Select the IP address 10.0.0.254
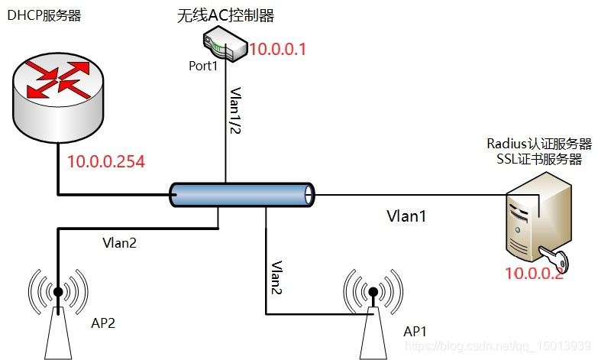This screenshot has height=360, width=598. pyautogui.click(x=106, y=161)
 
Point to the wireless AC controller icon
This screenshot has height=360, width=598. pyautogui.click(x=224, y=45)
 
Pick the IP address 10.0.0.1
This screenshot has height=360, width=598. pyautogui.click(x=278, y=50)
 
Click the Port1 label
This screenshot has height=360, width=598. pyautogui.click(x=203, y=66)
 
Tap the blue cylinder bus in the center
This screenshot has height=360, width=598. pyautogui.click(x=242, y=194)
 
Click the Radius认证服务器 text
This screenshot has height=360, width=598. pyautogui.click(x=538, y=144)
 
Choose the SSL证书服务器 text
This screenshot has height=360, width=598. pyautogui.click(x=538, y=159)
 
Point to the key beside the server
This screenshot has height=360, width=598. pyautogui.click(x=551, y=255)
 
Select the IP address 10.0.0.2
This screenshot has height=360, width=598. pyautogui.click(x=533, y=274)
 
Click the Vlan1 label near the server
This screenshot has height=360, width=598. pyautogui.click(x=406, y=216)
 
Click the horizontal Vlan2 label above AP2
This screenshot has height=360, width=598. pyautogui.click(x=120, y=243)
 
